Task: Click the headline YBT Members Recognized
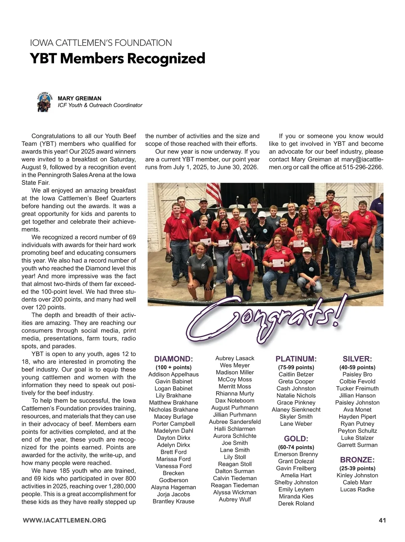coord(117,58)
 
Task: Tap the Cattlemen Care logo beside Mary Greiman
coord(44,102)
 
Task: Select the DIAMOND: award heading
coord(173,359)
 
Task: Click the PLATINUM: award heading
coord(296,359)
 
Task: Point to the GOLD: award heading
coord(296,439)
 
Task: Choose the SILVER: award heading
coord(357,359)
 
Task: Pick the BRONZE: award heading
coord(357,460)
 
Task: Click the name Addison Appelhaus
coord(173,375)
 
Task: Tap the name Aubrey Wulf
coord(235,499)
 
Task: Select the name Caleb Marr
coord(357,483)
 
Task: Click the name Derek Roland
coord(296,504)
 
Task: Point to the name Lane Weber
coord(296,424)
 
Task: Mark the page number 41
coord(382,520)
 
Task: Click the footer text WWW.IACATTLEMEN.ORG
coord(64,520)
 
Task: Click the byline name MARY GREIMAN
coord(80,99)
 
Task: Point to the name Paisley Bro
coord(357,375)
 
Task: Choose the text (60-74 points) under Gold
coord(296,447)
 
